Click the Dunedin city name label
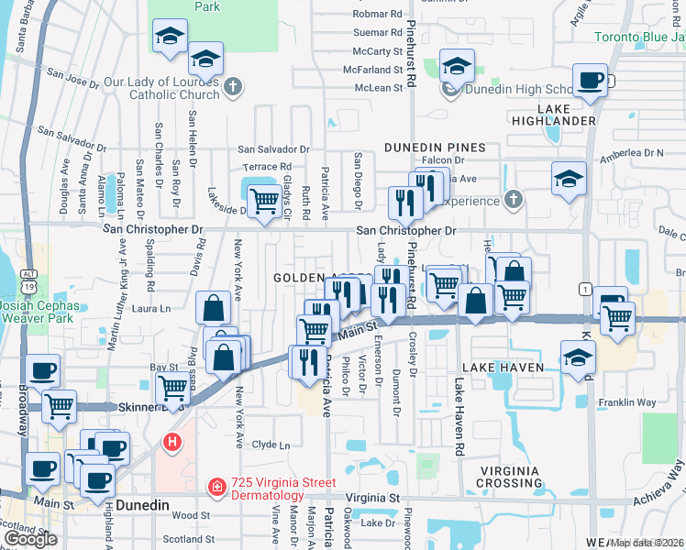tap(144, 504)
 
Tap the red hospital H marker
tap(171, 443)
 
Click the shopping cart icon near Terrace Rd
tap(264, 199)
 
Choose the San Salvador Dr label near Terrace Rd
tap(273, 148)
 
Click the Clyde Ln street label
tap(271, 445)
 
